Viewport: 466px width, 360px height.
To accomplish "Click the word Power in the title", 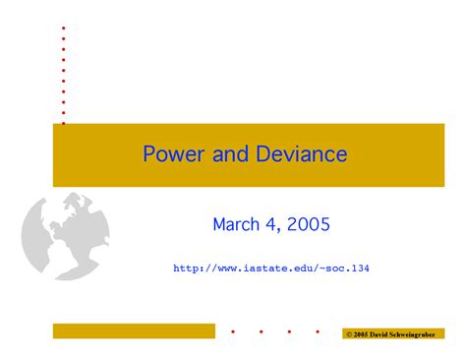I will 169,154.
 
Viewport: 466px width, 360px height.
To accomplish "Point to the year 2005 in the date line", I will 310,225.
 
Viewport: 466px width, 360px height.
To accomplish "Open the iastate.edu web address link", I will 270,267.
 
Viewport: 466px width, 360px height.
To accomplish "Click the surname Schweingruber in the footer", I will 420,334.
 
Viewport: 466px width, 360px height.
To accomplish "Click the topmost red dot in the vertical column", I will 64,28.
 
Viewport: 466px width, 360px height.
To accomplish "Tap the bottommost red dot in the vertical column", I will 64,123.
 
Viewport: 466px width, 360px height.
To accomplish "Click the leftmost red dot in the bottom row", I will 232,332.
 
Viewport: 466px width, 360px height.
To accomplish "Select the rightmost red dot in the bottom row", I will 317,332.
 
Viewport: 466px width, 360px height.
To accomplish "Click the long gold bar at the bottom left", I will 134,331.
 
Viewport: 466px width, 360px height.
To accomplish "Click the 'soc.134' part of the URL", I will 347,267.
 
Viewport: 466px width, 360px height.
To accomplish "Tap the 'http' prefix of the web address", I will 186,267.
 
